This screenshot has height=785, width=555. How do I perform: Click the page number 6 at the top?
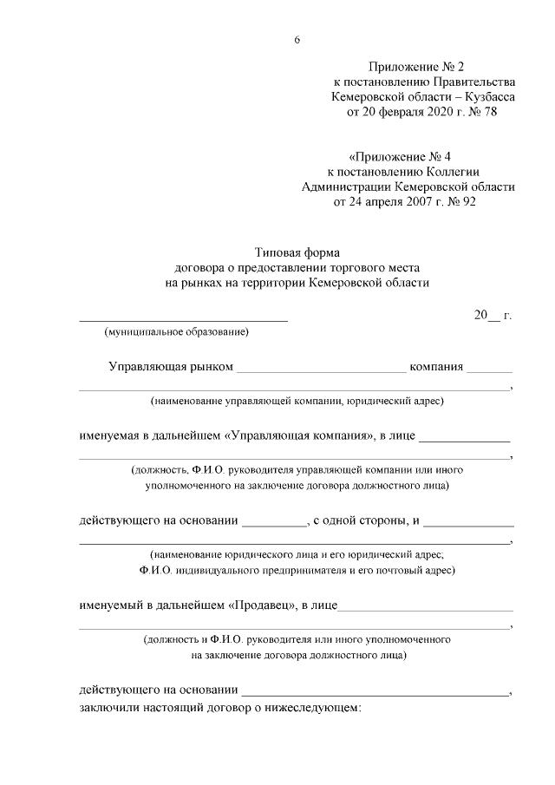point(297,40)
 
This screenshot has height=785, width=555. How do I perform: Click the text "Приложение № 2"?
point(416,67)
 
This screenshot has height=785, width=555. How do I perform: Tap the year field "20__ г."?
point(493,316)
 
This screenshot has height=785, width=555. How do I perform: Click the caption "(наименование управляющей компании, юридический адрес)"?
point(297,401)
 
